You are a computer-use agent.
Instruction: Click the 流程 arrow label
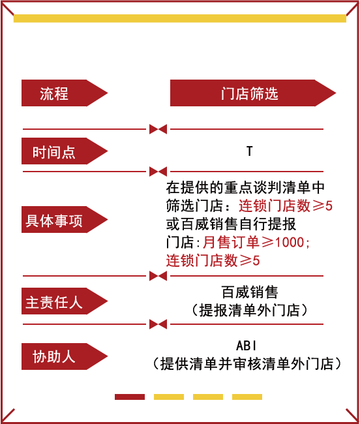(x=65, y=93)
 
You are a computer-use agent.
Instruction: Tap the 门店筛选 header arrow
(x=253, y=93)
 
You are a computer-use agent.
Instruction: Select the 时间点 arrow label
(x=65, y=151)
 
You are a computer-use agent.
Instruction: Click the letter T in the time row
(x=250, y=151)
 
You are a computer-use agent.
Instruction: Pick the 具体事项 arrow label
(x=65, y=220)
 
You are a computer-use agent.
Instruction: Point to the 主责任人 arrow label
(x=65, y=301)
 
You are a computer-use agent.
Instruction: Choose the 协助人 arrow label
(x=65, y=356)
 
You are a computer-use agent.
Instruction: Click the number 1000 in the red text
(x=290, y=242)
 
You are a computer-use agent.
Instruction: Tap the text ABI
(x=246, y=346)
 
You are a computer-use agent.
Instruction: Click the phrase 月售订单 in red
(x=231, y=242)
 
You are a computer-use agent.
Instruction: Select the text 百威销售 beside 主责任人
(x=250, y=292)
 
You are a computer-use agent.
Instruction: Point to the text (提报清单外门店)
(x=250, y=310)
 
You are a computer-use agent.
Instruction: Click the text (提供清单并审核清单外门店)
(x=247, y=364)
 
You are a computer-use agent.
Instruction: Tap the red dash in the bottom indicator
(x=130, y=397)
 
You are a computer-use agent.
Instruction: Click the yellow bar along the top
(x=180, y=18)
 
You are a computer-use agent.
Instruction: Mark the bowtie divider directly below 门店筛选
(x=158, y=129)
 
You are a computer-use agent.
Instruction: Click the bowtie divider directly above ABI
(x=158, y=324)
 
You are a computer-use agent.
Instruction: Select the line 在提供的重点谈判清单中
(x=245, y=187)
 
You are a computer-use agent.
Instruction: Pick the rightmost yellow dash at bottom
(x=247, y=397)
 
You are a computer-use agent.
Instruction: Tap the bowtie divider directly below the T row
(x=158, y=172)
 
